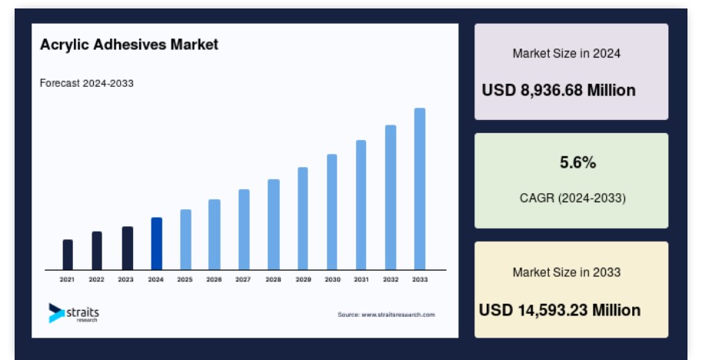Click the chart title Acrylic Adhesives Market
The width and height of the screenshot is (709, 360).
(x=129, y=45)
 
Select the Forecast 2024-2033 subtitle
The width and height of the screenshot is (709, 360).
(x=87, y=83)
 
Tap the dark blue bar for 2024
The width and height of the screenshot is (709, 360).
(x=156, y=244)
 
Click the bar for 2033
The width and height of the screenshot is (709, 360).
(x=420, y=189)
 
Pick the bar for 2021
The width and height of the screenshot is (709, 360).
(x=68, y=255)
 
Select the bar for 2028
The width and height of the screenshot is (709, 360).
(x=274, y=225)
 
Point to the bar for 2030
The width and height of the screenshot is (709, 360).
(x=332, y=212)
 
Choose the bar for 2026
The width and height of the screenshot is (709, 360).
(x=215, y=235)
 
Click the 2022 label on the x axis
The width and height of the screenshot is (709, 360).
(x=96, y=279)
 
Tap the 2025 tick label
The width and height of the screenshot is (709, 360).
(x=185, y=279)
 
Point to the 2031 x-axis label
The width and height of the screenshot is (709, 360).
(x=361, y=279)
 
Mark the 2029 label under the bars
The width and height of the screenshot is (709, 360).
(x=304, y=279)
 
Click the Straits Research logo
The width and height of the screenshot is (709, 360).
(x=74, y=313)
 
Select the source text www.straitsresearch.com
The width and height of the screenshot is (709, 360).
(x=398, y=315)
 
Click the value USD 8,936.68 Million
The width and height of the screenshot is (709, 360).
(x=559, y=91)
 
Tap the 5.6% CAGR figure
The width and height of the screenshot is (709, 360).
(x=578, y=162)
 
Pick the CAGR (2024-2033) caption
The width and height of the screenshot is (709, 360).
(x=573, y=198)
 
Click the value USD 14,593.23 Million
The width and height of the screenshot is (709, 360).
(x=560, y=310)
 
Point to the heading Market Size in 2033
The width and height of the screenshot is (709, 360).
(x=567, y=272)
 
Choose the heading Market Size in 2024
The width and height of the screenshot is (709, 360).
(x=567, y=53)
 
